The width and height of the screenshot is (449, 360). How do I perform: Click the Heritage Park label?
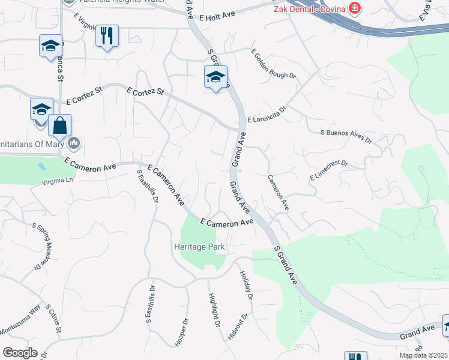[199, 247]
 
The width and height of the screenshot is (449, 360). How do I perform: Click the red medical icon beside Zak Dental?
[355, 8]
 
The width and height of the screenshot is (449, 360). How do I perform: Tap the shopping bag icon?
[60, 125]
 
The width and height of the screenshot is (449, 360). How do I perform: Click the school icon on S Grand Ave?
[215, 77]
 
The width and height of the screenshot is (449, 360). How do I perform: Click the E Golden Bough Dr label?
[273, 64]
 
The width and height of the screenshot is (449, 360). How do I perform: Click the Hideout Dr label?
[238, 326]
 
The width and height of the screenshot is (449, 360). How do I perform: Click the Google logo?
[20, 353]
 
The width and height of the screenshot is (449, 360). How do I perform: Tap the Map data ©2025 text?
[423, 355]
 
